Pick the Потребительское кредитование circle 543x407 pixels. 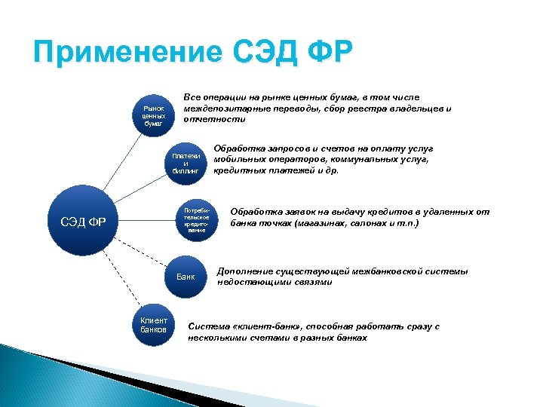195,220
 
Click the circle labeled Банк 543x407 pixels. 186,277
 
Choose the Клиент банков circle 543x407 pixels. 154,325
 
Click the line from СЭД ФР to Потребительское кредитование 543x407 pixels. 143,221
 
